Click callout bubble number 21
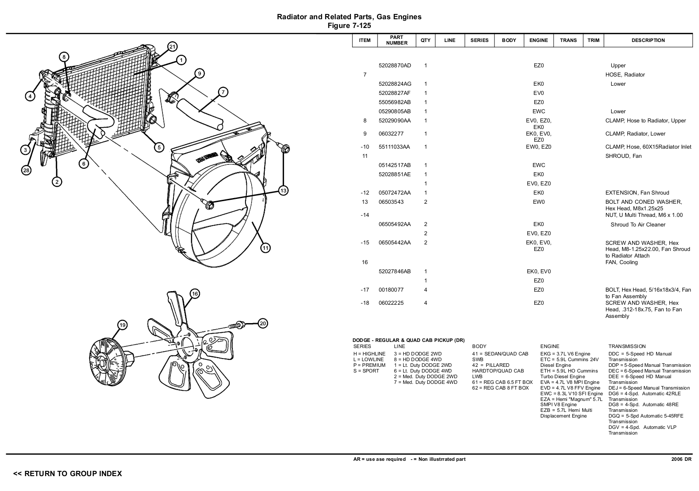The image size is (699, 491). coord(172,47)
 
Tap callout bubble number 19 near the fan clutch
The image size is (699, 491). coord(122,325)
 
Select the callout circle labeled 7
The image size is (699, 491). coord(223,92)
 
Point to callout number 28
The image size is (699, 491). coord(26,171)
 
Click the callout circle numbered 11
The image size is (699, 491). coord(265,248)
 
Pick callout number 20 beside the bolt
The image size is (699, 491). coord(263,324)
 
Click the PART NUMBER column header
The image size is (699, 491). coord(397,40)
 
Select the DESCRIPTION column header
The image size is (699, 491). coord(648,40)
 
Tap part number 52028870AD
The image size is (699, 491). coord(394,66)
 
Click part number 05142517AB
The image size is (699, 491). coord(394,165)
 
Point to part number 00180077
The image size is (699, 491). coord(391,290)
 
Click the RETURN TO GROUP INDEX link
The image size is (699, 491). coord(68,474)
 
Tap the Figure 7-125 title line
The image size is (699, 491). coord(349,26)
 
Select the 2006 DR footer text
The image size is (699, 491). coord(681,459)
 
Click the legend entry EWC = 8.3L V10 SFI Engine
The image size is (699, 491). coord(571,393)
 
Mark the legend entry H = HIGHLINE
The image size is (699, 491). coord(369,354)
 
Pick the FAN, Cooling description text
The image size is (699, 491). coord(621,262)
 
